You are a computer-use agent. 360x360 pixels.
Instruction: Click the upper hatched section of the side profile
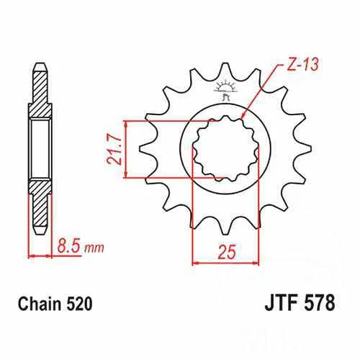(x=40, y=102)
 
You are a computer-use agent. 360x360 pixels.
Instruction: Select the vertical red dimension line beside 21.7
(x=127, y=149)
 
